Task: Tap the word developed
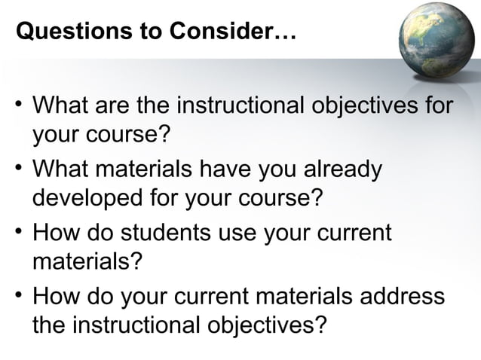pyautogui.click(x=84, y=199)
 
